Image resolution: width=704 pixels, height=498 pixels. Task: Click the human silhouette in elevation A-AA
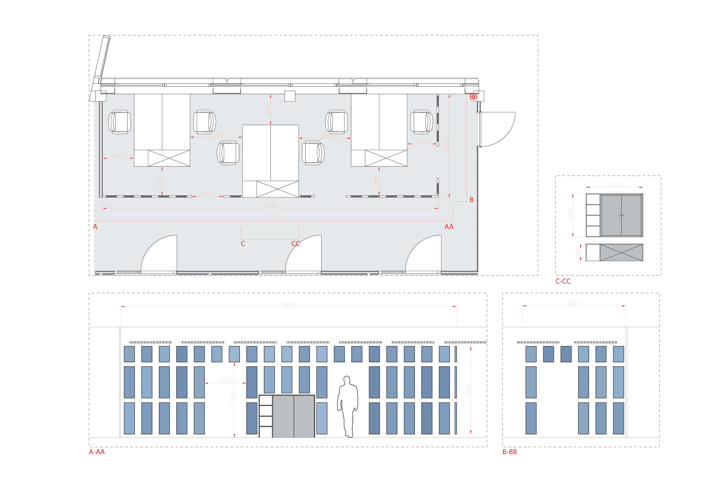(x=348, y=406)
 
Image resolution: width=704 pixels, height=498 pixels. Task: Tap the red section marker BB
(x=473, y=97)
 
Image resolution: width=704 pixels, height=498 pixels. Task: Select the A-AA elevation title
(x=97, y=452)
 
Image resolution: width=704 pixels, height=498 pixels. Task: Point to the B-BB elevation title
(x=510, y=452)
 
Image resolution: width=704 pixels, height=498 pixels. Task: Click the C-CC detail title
(x=563, y=281)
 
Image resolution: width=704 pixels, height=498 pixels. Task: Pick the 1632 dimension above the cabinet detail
(x=614, y=185)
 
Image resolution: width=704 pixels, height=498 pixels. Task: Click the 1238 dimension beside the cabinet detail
(x=570, y=215)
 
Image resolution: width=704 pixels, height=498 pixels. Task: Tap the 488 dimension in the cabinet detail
(x=578, y=252)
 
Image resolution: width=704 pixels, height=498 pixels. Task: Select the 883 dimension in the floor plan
(x=268, y=109)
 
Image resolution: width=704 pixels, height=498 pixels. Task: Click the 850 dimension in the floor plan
(x=422, y=141)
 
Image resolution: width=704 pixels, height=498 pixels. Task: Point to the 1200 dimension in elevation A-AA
(x=225, y=381)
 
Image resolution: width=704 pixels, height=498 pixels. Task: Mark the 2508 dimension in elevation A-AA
(x=468, y=390)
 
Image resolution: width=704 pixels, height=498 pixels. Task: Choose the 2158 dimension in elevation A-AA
(x=232, y=400)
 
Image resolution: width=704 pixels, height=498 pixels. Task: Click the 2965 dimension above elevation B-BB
(x=574, y=303)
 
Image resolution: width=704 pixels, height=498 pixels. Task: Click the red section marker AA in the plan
(x=449, y=227)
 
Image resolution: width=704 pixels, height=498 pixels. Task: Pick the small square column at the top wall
(x=290, y=96)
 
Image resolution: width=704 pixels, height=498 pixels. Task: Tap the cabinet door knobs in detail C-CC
(x=621, y=216)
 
